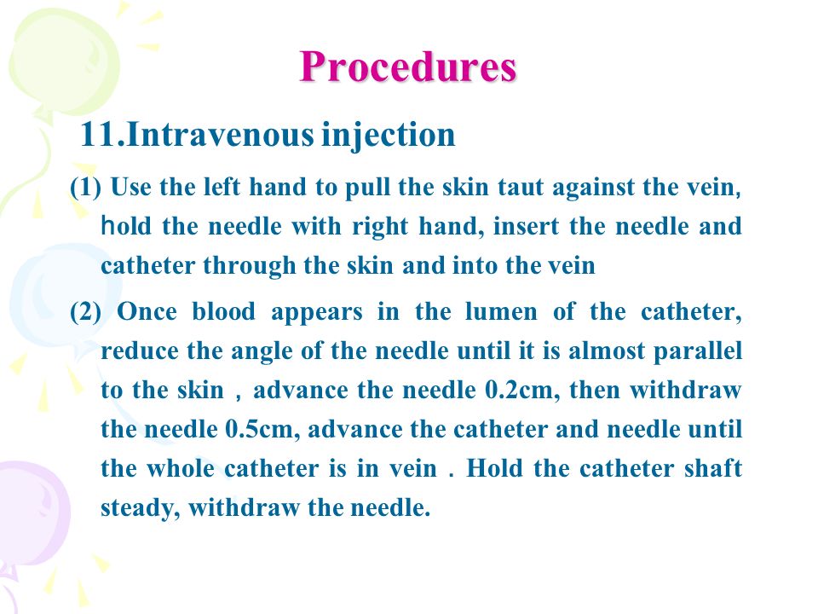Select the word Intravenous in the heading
(220, 135)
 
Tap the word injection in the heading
(389, 136)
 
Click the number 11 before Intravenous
(99, 135)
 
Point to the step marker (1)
(85, 187)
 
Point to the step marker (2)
(85, 312)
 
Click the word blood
(224, 312)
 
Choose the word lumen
(501, 312)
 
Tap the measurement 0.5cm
(263, 429)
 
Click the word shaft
(712, 467)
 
